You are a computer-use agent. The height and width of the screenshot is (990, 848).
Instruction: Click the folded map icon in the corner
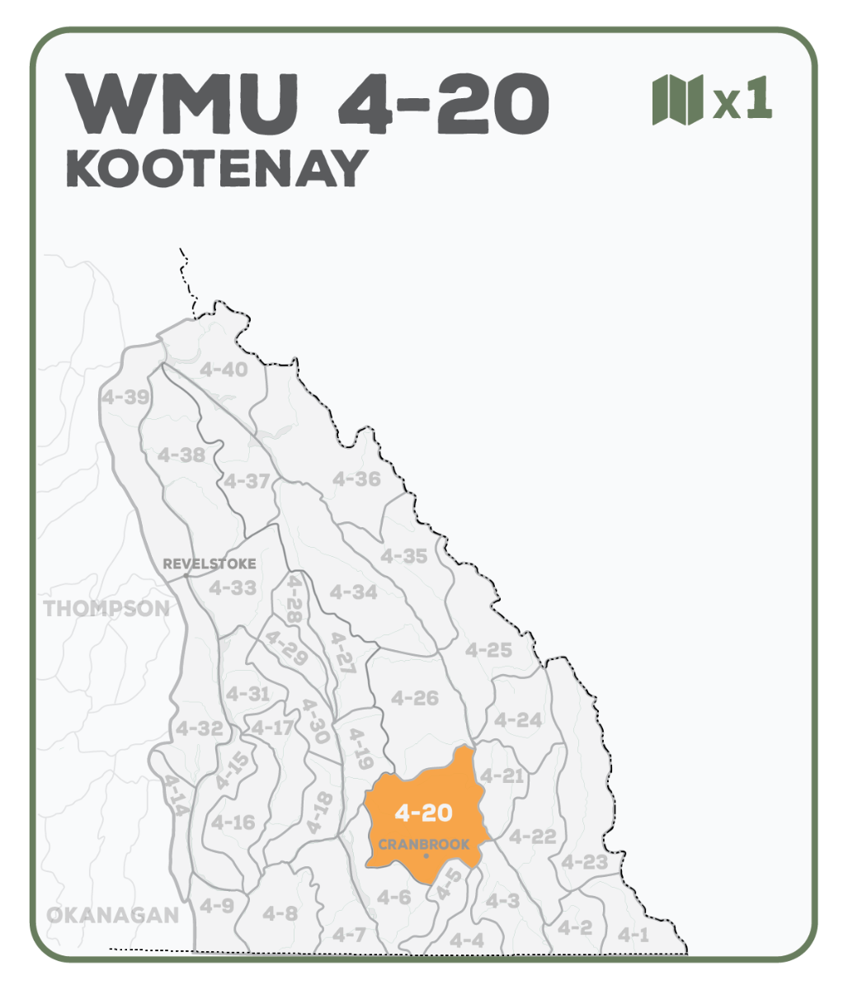click(x=677, y=100)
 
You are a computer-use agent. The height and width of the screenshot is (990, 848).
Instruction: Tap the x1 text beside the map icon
click(x=742, y=100)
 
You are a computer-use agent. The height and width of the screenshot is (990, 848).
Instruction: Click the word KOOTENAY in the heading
click(x=216, y=168)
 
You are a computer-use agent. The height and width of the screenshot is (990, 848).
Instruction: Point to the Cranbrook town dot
click(x=426, y=856)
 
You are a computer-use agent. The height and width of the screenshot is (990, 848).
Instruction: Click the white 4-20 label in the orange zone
click(x=423, y=813)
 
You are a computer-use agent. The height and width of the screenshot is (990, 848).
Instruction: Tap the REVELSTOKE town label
click(x=210, y=564)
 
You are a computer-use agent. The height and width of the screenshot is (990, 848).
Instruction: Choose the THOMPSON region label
click(x=106, y=609)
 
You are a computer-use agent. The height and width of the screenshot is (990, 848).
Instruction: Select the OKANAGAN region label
click(x=113, y=915)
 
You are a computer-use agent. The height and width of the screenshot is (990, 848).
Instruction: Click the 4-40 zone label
click(x=224, y=370)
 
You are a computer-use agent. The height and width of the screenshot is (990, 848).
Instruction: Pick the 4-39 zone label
click(x=125, y=398)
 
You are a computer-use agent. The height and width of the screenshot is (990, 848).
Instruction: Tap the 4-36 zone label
click(x=356, y=478)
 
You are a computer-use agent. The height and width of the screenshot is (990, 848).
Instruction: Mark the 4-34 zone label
click(x=353, y=592)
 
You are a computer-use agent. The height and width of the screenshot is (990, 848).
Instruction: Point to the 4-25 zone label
click(x=488, y=650)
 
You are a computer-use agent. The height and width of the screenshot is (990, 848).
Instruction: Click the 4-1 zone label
click(x=634, y=935)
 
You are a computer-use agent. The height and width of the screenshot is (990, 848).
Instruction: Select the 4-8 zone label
click(x=280, y=913)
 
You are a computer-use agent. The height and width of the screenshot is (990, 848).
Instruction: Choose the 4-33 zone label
click(x=232, y=588)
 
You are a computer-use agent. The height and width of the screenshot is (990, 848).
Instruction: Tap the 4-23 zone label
click(x=584, y=862)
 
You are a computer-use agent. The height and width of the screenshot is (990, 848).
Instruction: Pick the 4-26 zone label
click(x=415, y=698)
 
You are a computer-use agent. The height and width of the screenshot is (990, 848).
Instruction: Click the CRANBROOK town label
click(x=424, y=845)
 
